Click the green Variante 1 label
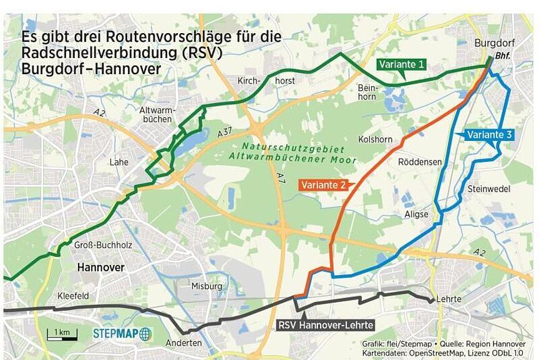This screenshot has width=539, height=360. click(402, 64)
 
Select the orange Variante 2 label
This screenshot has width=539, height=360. click(324, 185)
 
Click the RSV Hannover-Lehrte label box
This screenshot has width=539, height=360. click(325, 325)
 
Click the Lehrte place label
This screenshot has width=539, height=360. click(449, 299)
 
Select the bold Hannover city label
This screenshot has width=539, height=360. click(100, 267)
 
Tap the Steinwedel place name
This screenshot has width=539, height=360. click(488, 188)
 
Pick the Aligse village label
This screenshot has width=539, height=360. click(416, 214)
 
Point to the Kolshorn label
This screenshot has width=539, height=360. click(375, 139)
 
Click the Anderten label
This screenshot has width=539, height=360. click(183, 343)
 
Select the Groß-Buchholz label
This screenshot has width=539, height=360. click(103, 245)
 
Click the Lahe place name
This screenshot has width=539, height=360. click(119, 162)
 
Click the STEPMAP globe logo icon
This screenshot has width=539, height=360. click(145, 334)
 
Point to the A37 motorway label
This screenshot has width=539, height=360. click(226, 134)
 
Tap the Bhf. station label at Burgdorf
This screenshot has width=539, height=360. click(502, 56)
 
